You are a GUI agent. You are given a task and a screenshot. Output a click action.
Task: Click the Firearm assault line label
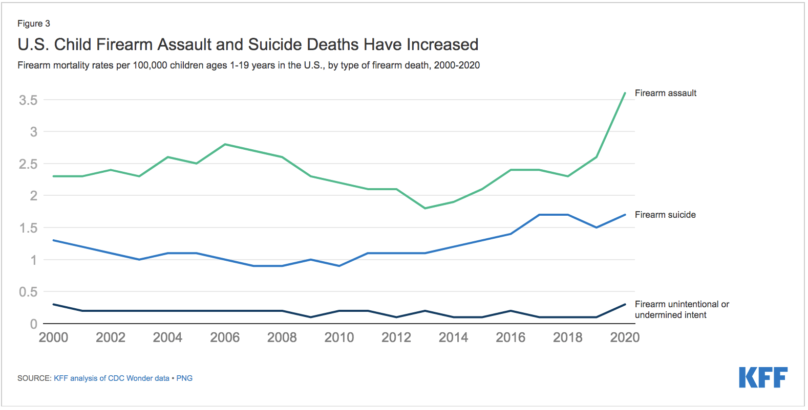tap(665, 93)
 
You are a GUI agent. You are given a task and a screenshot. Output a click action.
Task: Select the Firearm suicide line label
tap(665, 215)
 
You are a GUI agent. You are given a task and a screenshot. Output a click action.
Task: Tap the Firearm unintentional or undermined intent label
tap(681, 310)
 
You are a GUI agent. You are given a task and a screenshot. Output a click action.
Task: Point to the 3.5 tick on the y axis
tap(28, 100)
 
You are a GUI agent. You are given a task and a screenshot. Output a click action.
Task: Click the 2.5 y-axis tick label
tap(28, 164)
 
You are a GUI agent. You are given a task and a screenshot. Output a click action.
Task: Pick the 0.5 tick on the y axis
tap(28, 292)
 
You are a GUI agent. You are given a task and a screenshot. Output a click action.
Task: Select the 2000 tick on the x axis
tap(53, 337)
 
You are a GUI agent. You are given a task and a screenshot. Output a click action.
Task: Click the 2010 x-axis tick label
tap(339, 337)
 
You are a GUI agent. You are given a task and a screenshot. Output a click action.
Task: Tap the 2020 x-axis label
tap(625, 337)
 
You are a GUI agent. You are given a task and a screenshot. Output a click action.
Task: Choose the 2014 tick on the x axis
tap(453, 337)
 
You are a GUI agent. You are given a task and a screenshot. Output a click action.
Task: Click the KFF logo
tap(763, 377)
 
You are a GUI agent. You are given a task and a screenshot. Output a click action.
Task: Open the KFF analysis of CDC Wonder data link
tap(112, 378)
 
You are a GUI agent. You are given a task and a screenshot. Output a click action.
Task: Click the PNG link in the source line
tap(184, 378)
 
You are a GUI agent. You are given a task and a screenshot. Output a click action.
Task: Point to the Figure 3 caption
tap(34, 24)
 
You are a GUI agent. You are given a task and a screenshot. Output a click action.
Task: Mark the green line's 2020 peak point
tap(625, 93)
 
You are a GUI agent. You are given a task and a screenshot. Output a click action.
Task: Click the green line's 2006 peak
tap(225, 144)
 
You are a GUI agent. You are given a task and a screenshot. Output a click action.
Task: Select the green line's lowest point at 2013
tap(425, 208)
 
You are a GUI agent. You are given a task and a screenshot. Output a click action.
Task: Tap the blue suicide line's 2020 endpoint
tap(625, 215)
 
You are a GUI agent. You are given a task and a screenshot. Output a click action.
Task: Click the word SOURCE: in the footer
tap(34, 378)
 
